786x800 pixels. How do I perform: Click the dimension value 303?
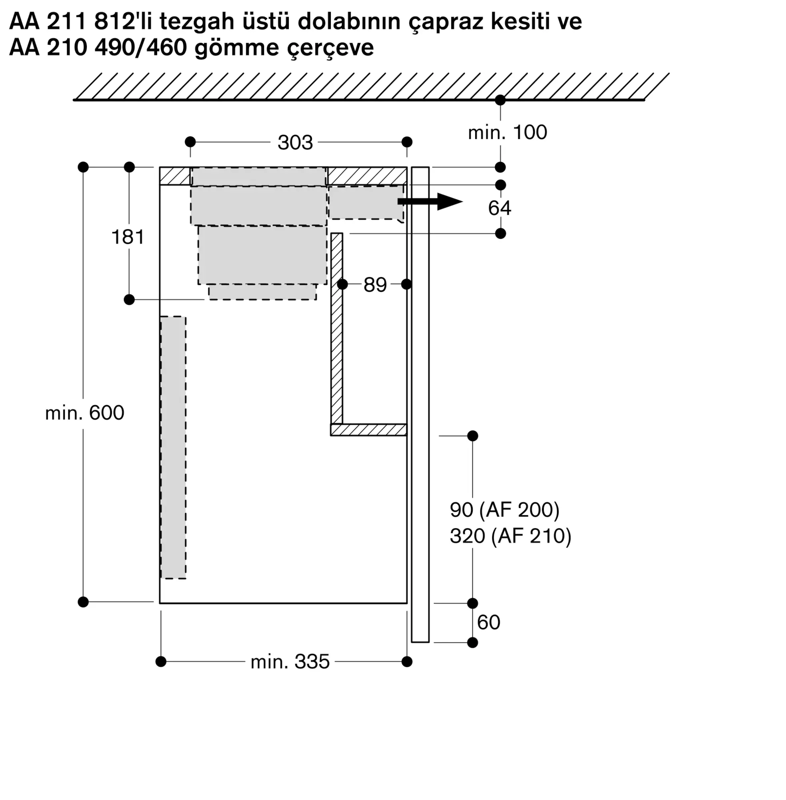(x=295, y=142)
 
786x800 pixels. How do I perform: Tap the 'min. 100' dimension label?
(x=507, y=132)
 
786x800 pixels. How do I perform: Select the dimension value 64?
(x=500, y=208)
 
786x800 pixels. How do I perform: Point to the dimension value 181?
(x=128, y=237)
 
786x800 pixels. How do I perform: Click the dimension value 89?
(x=375, y=284)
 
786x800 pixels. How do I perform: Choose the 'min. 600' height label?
(x=85, y=413)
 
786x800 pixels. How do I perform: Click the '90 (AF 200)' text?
(x=504, y=510)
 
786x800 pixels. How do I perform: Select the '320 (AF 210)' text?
(x=511, y=536)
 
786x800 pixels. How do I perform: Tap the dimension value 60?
(x=488, y=622)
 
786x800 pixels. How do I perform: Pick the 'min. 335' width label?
(x=290, y=662)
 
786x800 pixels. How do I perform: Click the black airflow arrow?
(x=430, y=202)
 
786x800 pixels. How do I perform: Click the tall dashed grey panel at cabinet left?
(x=173, y=448)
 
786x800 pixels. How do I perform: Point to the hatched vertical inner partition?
(x=336, y=328)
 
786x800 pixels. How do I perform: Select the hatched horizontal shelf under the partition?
(x=369, y=430)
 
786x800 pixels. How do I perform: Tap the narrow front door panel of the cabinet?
(x=420, y=404)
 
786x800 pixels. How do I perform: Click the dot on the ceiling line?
(x=500, y=100)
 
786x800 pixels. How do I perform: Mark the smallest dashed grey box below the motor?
(x=262, y=292)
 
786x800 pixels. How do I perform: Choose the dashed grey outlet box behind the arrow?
(x=366, y=202)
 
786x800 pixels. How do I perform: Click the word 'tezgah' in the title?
(x=197, y=22)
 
